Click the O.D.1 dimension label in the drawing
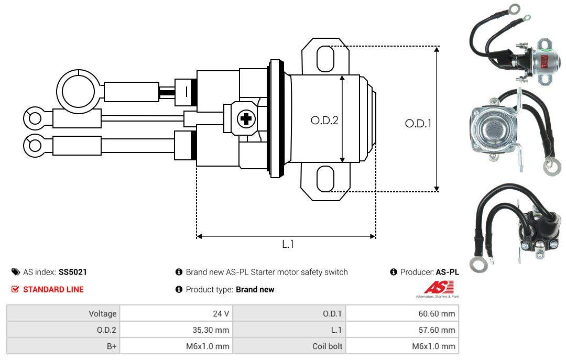[x=418, y=124]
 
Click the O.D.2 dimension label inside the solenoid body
[x=324, y=121]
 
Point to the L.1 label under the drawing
[x=288, y=244]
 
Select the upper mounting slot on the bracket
[x=325, y=58]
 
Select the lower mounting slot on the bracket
[x=325, y=179]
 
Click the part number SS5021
[x=73, y=272]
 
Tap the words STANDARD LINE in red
[x=53, y=289]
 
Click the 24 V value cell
[x=176, y=313]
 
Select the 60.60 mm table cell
[x=402, y=313]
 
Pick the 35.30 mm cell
[x=176, y=330]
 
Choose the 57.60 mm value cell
[x=402, y=330]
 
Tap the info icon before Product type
[x=179, y=289]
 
